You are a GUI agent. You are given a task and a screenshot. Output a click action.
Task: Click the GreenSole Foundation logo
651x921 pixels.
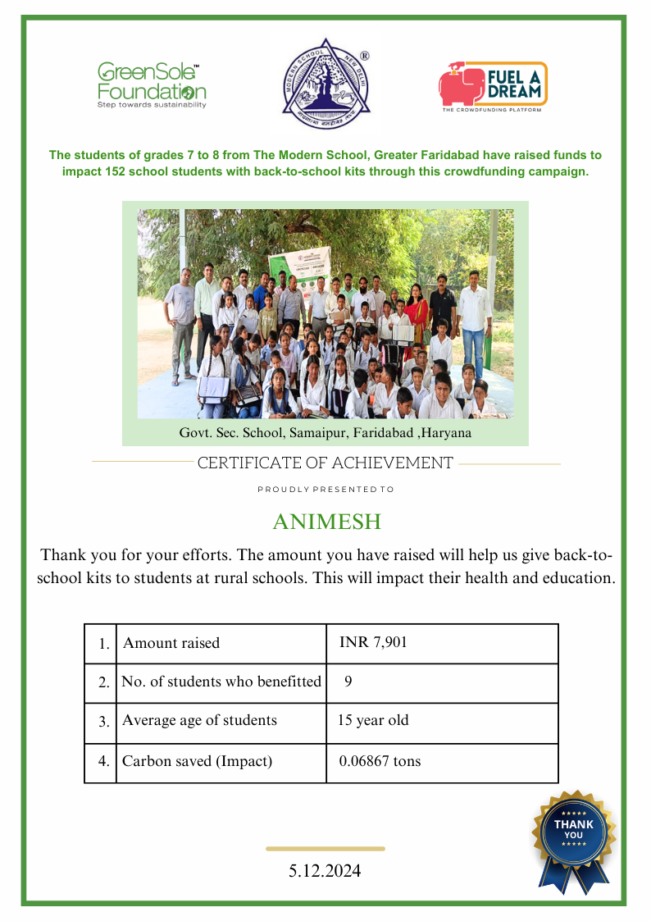pos(152,84)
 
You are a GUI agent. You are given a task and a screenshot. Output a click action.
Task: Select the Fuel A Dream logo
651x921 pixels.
pos(492,86)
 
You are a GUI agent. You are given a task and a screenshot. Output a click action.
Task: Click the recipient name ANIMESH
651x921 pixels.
pos(326,522)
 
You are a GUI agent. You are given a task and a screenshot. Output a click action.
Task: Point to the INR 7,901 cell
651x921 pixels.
pos(373,642)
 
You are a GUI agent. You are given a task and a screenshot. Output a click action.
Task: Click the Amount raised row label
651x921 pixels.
pos(171,643)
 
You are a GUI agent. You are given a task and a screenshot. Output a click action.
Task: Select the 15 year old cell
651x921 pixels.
pos(373,721)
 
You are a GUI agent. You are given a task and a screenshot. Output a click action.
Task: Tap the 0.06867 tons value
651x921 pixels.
pos(380,761)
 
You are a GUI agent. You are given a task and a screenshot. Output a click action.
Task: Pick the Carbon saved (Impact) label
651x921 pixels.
pos(197,761)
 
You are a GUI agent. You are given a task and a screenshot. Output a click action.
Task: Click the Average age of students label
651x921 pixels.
pos(199,721)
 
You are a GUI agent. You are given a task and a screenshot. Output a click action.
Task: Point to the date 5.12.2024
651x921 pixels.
pos(325,871)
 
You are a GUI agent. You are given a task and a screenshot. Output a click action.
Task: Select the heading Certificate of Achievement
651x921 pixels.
pos(325,463)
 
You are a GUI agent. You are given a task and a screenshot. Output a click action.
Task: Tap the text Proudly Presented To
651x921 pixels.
pos(325,490)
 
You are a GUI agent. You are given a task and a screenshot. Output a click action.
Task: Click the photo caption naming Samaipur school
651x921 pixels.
pos(325,431)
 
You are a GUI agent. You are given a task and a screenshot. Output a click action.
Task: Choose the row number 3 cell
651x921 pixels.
pos(103,723)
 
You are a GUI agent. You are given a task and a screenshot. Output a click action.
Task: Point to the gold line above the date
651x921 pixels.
pos(325,849)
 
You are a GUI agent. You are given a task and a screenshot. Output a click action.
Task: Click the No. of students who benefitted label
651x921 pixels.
pos(221,682)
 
